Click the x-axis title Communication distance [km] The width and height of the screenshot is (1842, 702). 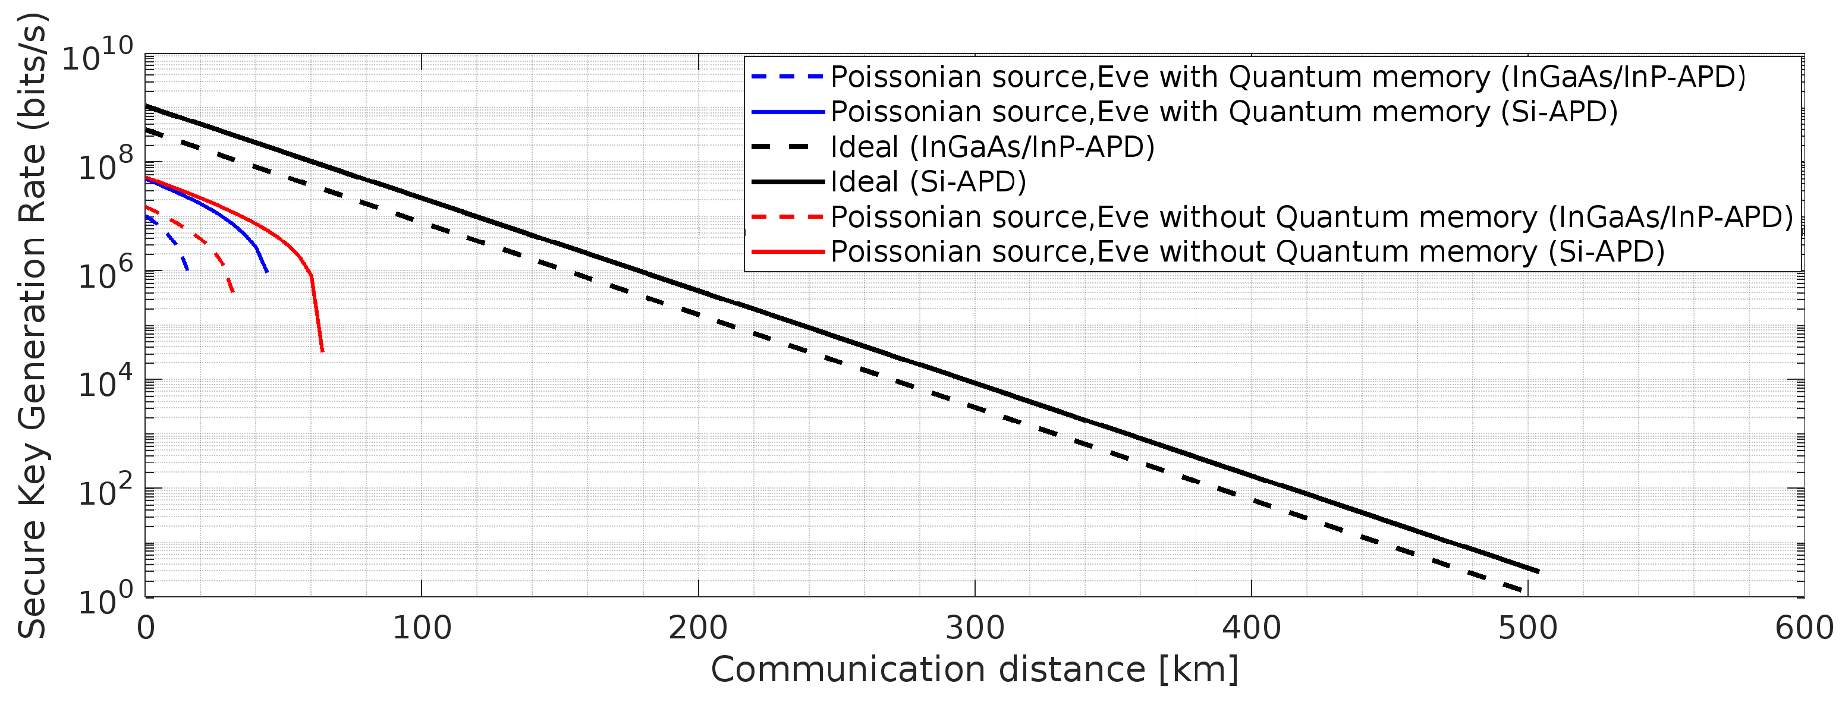[974, 670]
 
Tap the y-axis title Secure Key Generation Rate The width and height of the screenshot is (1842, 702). [33, 325]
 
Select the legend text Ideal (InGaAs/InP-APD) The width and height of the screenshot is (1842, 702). [992, 147]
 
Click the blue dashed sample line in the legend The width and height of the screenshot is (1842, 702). [787, 77]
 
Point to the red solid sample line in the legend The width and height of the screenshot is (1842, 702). [787, 251]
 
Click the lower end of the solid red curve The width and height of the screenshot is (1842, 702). [322, 351]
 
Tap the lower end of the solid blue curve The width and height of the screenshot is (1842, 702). [267, 272]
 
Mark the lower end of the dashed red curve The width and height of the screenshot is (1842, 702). [233, 292]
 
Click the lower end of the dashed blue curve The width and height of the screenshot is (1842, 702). [187, 269]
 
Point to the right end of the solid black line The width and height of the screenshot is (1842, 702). [1538, 571]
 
